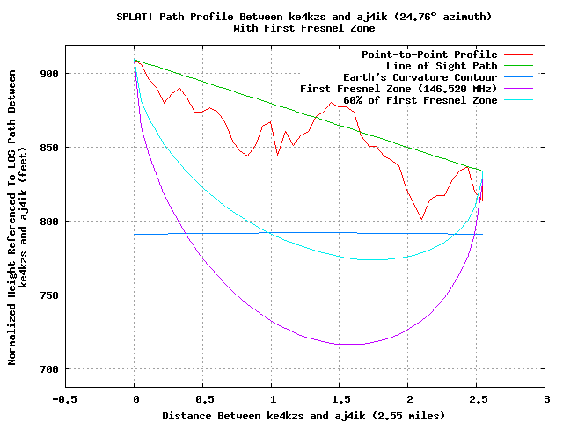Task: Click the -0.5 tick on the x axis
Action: [65, 398]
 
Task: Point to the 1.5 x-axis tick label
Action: [340, 398]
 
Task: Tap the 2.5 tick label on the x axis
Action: [477, 398]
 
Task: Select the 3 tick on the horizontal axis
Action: [545, 398]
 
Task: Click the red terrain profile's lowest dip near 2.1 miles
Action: [422, 219]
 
